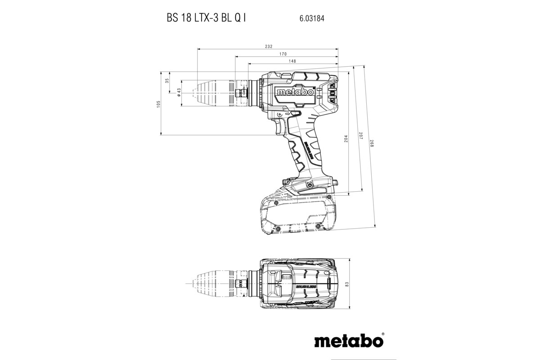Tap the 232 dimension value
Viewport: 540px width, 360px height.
268,47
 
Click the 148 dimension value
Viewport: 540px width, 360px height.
292,61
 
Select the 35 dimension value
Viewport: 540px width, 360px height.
167,81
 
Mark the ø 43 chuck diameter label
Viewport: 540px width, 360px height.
179,92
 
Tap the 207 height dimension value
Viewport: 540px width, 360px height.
360,135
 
